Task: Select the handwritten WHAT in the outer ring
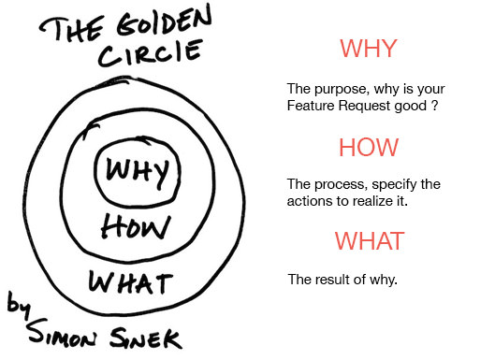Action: click(x=133, y=280)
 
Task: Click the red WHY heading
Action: click(x=369, y=49)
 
